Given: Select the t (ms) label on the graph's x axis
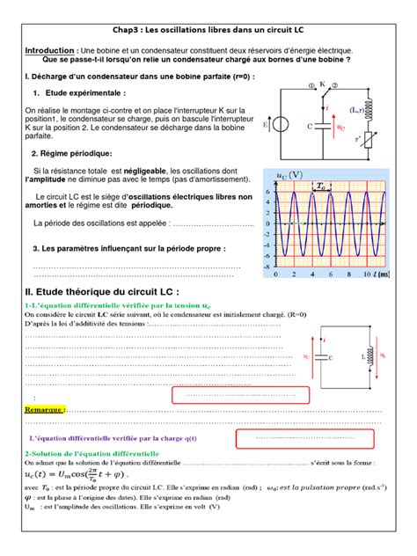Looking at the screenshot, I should [x=380, y=275].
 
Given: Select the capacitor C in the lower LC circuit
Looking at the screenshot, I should [x=323, y=358].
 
